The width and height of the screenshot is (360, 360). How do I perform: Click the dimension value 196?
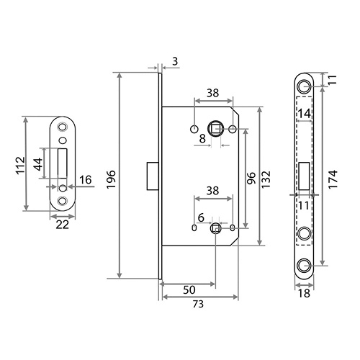click(x=111, y=179)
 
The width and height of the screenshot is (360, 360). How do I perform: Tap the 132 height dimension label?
click(x=266, y=179)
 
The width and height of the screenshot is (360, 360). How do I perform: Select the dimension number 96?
click(x=251, y=178)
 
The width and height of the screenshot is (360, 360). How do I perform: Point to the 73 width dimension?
click(x=198, y=304)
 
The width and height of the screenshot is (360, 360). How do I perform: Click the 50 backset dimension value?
click(x=189, y=290)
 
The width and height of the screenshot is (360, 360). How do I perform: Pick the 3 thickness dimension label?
click(x=175, y=61)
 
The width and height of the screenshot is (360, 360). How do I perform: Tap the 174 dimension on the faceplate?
click(x=333, y=179)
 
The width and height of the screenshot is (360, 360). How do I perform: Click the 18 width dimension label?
click(x=304, y=293)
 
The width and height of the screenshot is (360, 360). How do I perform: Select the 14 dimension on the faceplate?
click(x=305, y=113)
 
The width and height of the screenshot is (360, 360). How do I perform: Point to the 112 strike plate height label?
click(x=20, y=165)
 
